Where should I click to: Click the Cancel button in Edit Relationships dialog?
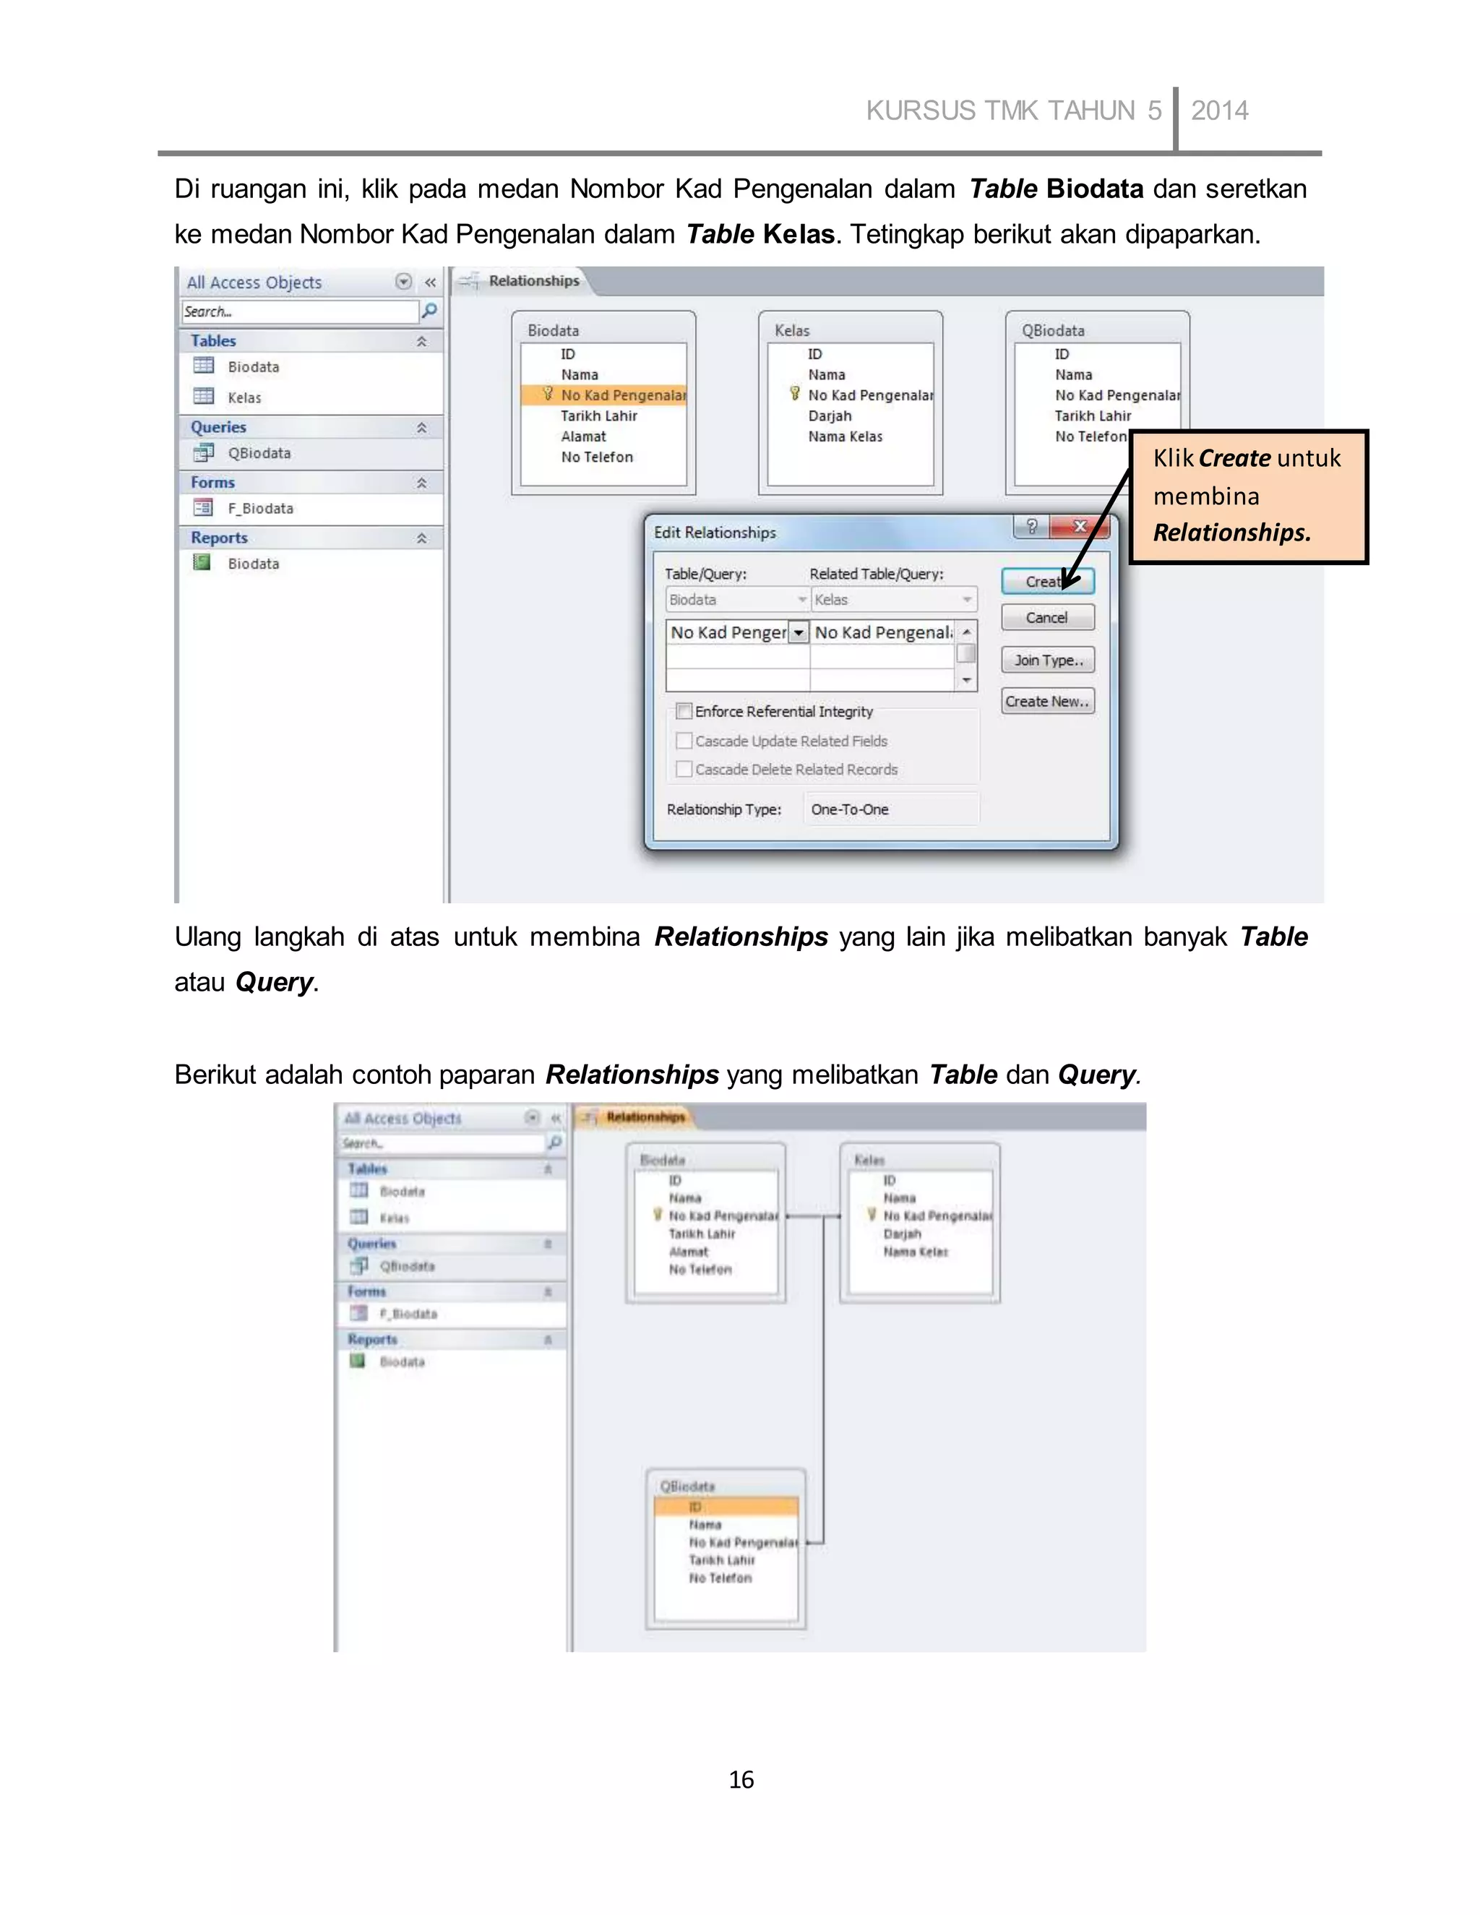(x=1047, y=617)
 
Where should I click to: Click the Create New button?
(x=1047, y=702)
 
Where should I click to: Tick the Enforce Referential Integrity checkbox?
(x=684, y=711)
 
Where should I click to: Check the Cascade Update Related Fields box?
(x=684, y=741)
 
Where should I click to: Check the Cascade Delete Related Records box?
(x=684, y=769)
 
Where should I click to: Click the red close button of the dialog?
(x=1080, y=526)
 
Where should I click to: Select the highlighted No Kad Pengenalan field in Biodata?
(x=622, y=395)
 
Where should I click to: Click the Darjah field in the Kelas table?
(x=830, y=416)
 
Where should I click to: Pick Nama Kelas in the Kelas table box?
(x=846, y=436)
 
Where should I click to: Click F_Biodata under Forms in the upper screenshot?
(x=260, y=509)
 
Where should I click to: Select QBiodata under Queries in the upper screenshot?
(x=259, y=453)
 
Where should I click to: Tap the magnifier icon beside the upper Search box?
(x=430, y=311)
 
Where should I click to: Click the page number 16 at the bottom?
(x=741, y=1779)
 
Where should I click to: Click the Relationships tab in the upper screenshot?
(x=533, y=280)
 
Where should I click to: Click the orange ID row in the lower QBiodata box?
(x=726, y=1507)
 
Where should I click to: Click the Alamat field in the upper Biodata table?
(x=583, y=436)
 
